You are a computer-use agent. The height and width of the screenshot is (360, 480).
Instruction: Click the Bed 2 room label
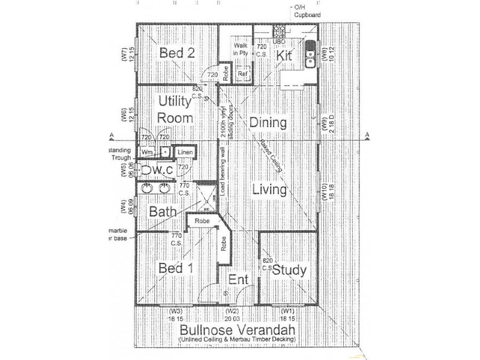pyautogui.click(x=177, y=53)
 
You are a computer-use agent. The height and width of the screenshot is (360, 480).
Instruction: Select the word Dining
pyautogui.click(x=267, y=123)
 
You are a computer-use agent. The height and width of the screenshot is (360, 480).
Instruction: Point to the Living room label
pyautogui.click(x=269, y=190)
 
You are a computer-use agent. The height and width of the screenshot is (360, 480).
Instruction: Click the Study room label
pyautogui.click(x=290, y=270)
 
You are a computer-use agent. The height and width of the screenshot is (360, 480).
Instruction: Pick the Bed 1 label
pyautogui.click(x=175, y=268)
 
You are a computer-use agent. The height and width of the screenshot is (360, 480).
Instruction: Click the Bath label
pyautogui.click(x=162, y=212)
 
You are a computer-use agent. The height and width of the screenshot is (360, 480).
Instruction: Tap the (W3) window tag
pyautogui.click(x=175, y=311)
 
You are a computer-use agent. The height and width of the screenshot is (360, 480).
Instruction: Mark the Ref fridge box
pyautogui.click(x=243, y=74)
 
